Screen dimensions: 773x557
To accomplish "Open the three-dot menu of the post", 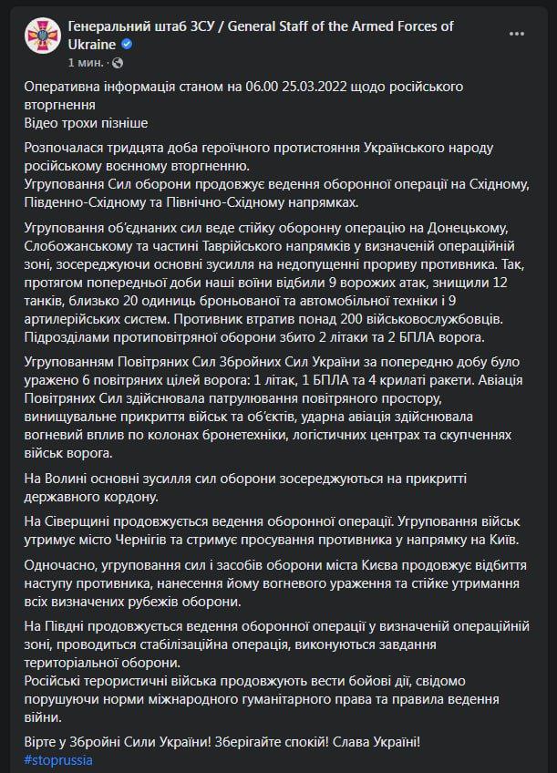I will click(518, 34).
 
